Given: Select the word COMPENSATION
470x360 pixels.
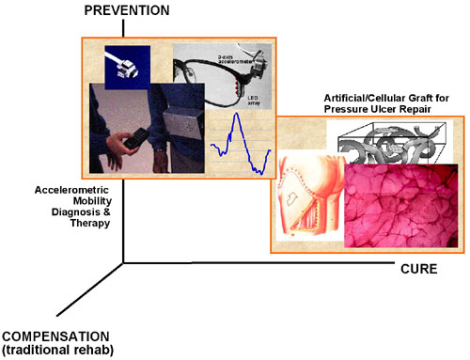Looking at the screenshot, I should [55, 337].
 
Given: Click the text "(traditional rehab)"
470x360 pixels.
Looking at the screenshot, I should [57, 351].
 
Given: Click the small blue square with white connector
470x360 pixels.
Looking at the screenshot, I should [126, 66].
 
